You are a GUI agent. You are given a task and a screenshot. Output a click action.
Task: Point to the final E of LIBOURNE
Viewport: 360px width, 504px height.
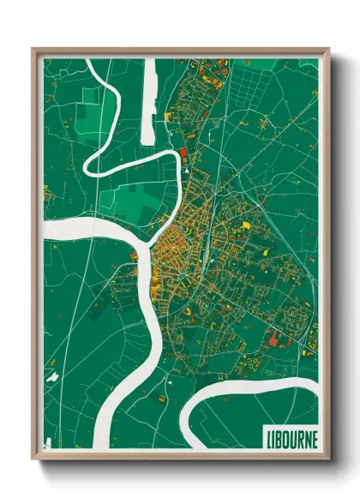point(314,437)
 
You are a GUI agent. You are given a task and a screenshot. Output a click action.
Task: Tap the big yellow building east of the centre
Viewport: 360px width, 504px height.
point(246,225)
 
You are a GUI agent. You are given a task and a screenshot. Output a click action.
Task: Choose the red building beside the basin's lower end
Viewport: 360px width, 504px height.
point(182,153)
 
